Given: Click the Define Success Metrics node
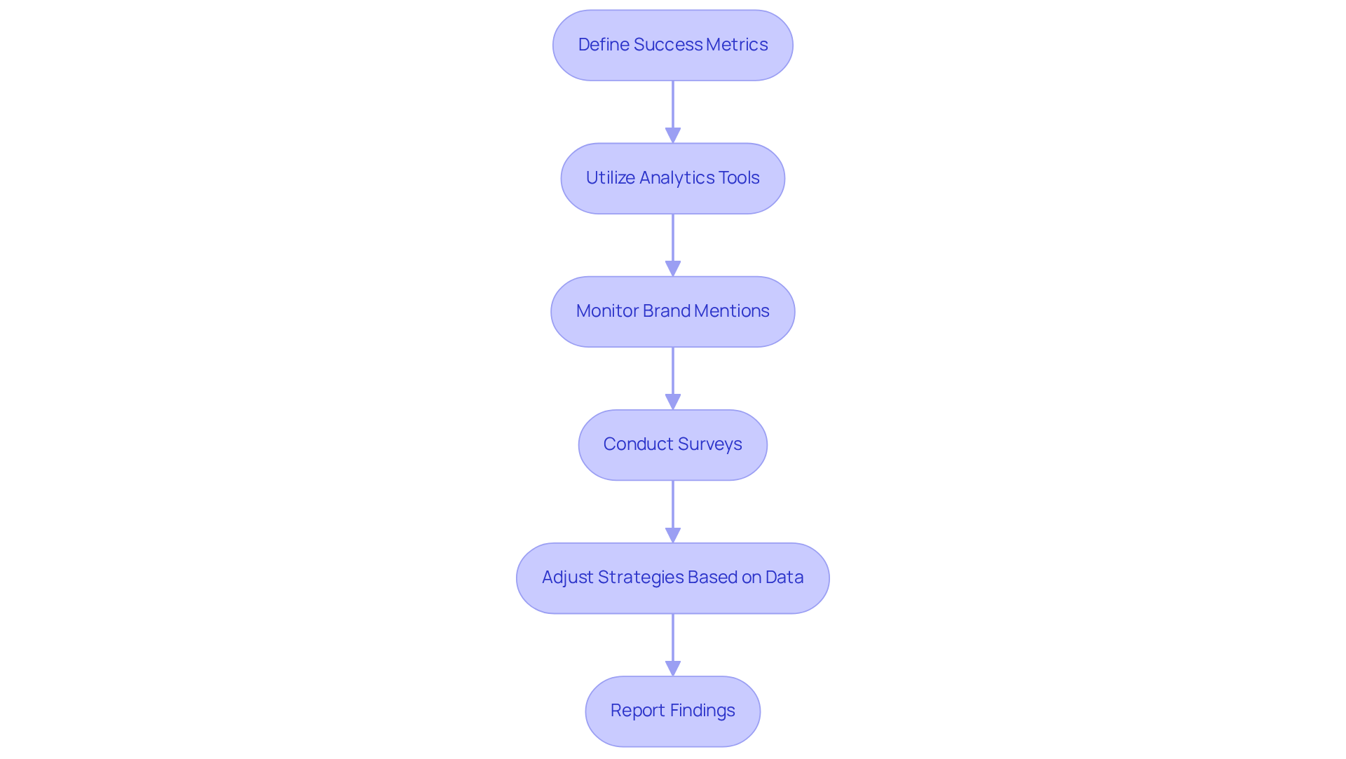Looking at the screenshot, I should (x=672, y=45).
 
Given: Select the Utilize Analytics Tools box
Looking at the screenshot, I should (x=672, y=178).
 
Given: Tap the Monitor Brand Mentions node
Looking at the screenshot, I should (x=672, y=311).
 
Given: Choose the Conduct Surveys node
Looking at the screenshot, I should (x=672, y=444).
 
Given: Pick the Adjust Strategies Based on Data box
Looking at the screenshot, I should (x=672, y=577).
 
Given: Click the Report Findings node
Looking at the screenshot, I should (x=672, y=711).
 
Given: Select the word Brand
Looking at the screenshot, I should (x=667, y=311).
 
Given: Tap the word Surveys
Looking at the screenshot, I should (x=709, y=444).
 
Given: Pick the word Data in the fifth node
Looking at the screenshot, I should (x=784, y=577).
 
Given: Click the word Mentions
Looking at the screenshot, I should (x=732, y=311).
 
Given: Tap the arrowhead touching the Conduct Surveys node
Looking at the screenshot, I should (x=673, y=402).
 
